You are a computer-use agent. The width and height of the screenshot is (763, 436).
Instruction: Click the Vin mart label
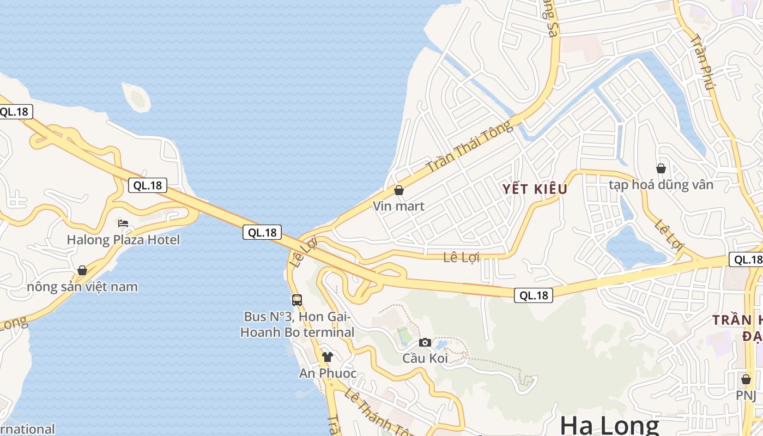[x=398, y=207]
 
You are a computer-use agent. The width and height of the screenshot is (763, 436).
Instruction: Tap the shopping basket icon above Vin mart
[x=399, y=190]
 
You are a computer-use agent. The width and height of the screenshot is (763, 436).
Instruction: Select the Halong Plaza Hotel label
[x=123, y=240]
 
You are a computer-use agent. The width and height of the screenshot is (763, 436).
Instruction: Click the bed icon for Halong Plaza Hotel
[x=123, y=223]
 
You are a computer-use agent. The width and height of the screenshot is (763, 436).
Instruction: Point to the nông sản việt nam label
[x=82, y=287]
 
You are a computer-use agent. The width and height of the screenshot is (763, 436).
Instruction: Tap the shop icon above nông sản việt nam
[x=82, y=270]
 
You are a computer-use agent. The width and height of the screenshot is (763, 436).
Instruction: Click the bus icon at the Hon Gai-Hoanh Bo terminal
[x=297, y=300]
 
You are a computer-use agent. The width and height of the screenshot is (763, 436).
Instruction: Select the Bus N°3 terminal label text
[x=297, y=324]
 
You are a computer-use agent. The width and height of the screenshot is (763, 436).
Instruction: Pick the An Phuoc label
[x=328, y=373]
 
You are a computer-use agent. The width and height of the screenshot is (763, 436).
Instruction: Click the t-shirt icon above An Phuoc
[x=328, y=357]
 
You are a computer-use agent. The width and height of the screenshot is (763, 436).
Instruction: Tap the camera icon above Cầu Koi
[x=425, y=342]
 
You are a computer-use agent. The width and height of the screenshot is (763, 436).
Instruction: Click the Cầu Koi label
[x=425, y=358]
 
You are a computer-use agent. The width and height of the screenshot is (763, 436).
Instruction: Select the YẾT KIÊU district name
[x=535, y=189]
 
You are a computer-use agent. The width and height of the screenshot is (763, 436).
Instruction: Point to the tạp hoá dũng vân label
[x=661, y=185]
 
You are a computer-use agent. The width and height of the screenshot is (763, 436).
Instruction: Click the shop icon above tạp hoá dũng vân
[x=661, y=168]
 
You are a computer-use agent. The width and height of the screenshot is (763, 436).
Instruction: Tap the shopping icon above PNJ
[x=746, y=379]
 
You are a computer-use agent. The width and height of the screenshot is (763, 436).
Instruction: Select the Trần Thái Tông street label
[x=470, y=147]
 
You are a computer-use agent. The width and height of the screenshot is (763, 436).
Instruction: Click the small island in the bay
[x=136, y=98]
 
